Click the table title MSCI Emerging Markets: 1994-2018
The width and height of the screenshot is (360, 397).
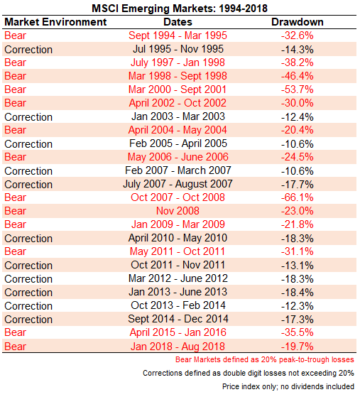[x=180, y=9]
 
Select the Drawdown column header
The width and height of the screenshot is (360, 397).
[x=298, y=22]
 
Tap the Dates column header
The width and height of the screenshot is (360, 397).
[x=178, y=22]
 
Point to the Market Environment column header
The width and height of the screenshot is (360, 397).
[x=55, y=22]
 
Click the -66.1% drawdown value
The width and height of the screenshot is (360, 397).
[x=298, y=197]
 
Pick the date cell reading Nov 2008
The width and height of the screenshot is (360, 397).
[x=178, y=211]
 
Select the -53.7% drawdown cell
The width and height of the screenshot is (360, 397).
[x=298, y=89]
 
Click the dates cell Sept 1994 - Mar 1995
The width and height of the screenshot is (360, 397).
[x=178, y=36]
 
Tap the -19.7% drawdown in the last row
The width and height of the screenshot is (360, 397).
[x=298, y=347]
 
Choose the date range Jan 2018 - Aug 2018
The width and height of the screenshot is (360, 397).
[x=178, y=347]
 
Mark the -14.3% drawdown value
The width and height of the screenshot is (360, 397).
[x=298, y=50]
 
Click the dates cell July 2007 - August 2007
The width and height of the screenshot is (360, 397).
[x=178, y=184]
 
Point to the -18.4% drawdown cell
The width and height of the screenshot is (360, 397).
[x=298, y=293]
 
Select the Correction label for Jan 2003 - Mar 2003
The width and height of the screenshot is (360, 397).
[x=28, y=117]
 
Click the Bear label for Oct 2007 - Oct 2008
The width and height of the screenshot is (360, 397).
[x=15, y=197]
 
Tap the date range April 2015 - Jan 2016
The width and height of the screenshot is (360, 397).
[x=178, y=332]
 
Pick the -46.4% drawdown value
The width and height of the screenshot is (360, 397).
[x=298, y=76]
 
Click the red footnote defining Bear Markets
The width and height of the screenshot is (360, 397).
[x=265, y=360]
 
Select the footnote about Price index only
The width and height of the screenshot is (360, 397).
[x=288, y=386]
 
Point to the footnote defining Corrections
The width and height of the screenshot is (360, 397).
[x=249, y=373]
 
